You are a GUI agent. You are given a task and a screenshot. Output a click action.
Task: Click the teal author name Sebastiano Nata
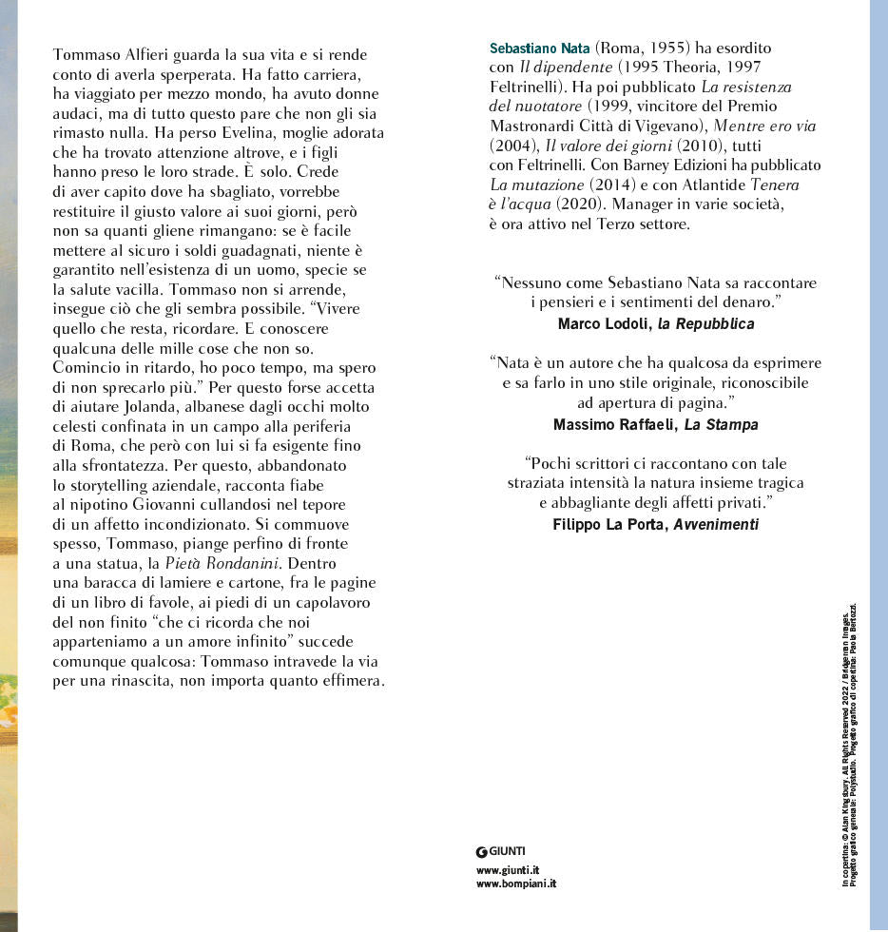point(539,47)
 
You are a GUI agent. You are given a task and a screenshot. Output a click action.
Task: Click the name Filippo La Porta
point(610,524)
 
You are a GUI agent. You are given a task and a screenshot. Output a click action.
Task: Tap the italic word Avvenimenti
point(716,524)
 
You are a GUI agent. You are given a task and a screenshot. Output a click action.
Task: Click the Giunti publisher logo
point(500,850)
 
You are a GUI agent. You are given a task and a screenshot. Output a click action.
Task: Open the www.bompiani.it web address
point(515,883)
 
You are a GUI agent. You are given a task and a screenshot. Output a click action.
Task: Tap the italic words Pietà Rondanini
point(221,563)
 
